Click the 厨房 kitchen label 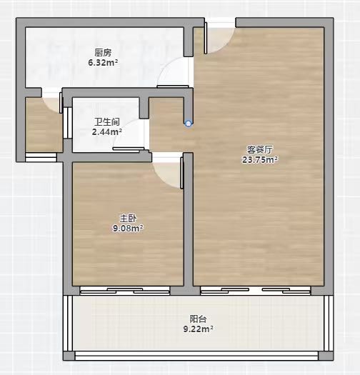click(103, 53)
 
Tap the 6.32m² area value click(103, 63)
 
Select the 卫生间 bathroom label click(107, 122)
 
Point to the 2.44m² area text click(107, 131)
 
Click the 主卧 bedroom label click(128, 219)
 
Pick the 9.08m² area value click(128, 229)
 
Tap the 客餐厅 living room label click(260, 150)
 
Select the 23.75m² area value click(260, 159)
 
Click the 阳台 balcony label click(198, 319)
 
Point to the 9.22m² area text click(199, 329)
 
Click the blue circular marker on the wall click(189, 124)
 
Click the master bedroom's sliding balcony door click(124, 291)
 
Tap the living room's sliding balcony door click(256, 291)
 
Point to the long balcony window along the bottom click(196, 356)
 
